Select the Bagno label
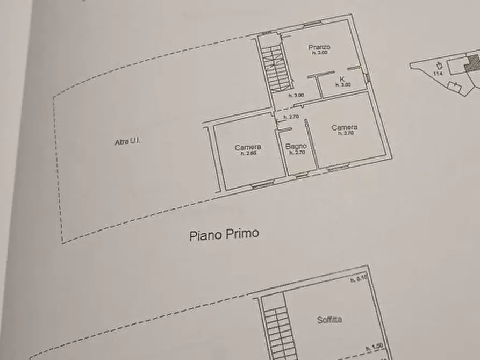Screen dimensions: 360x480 coord(296,146)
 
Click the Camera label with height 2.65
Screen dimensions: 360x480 coord(248,147)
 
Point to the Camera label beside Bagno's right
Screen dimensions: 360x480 coord(345,127)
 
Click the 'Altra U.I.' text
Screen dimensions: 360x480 coord(127,142)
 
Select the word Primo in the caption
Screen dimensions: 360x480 coord(241,234)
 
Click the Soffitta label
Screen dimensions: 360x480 coord(329,320)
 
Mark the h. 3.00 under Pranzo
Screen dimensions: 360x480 coord(319,53)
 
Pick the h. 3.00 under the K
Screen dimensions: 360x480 coord(344,85)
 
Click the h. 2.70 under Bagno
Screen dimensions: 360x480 coord(297,153)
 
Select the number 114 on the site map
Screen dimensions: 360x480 coord(438,73)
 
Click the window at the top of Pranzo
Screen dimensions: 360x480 coord(312,24)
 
